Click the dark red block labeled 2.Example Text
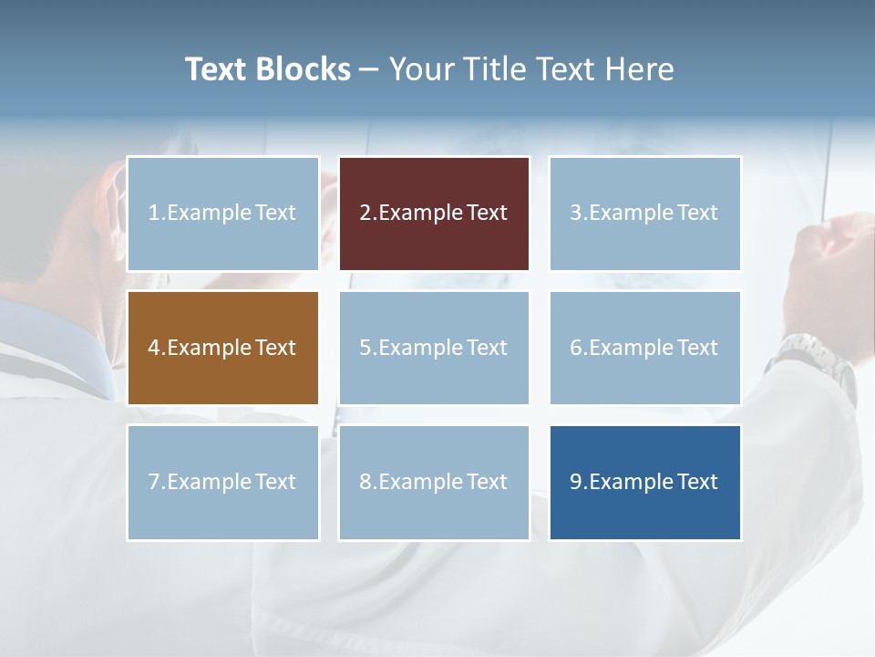pos(434,214)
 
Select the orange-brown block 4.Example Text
pos(223,348)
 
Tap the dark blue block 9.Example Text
pos(644,482)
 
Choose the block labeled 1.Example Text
pos(223,214)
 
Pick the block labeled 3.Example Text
pos(644,214)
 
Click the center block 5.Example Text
pos(434,348)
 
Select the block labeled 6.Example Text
pos(644,348)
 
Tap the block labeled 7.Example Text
pos(223,482)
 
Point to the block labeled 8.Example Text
pos(434,482)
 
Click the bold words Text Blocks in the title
pos(268,69)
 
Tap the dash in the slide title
pos(369,70)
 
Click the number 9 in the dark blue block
pos(575,482)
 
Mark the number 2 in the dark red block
pos(365,214)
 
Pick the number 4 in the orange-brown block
pos(154,348)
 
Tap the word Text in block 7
pos(276,482)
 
